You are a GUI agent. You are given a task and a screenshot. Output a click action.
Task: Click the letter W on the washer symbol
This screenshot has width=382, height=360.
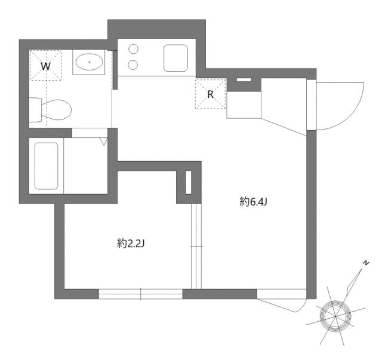click(46, 66)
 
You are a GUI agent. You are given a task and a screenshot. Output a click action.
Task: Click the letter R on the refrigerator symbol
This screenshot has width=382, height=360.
click(210, 94)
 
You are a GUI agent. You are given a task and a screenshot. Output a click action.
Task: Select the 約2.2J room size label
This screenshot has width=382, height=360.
click(131, 243)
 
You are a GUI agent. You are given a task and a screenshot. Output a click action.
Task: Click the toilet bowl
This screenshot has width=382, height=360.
click(58, 109)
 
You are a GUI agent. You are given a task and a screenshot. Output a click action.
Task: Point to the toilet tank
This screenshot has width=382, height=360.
click(36, 110)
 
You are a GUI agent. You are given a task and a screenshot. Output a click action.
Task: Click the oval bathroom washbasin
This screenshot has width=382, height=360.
click(89, 61)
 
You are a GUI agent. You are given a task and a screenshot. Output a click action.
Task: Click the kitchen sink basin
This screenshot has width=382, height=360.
click(176, 58)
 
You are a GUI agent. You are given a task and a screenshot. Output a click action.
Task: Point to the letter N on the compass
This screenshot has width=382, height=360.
click(366, 263)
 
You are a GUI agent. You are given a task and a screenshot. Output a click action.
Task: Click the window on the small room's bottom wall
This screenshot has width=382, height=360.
click(140, 294)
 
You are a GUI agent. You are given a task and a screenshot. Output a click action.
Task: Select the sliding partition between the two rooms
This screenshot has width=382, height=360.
click(195, 246)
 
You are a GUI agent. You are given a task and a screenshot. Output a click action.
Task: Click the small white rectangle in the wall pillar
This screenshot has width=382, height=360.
click(189, 183)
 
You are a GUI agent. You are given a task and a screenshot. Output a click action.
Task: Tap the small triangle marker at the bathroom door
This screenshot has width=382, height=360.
click(103, 142)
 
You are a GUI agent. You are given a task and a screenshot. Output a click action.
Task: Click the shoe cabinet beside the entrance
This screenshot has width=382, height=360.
click(244, 105)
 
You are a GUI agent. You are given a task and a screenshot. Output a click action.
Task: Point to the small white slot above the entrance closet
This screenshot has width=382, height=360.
click(244, 80)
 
